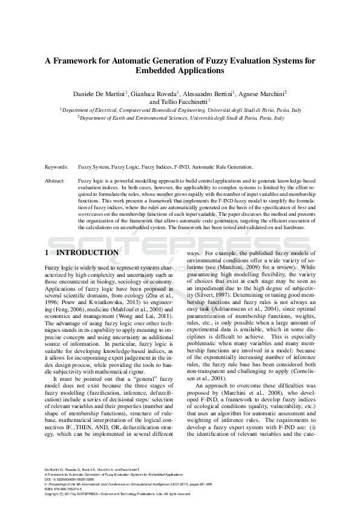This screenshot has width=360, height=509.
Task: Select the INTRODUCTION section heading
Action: tap(91, 253)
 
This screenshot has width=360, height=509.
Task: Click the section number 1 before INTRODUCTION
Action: tap(48, 253)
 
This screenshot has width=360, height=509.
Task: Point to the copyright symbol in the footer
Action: tap(64, 476)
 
